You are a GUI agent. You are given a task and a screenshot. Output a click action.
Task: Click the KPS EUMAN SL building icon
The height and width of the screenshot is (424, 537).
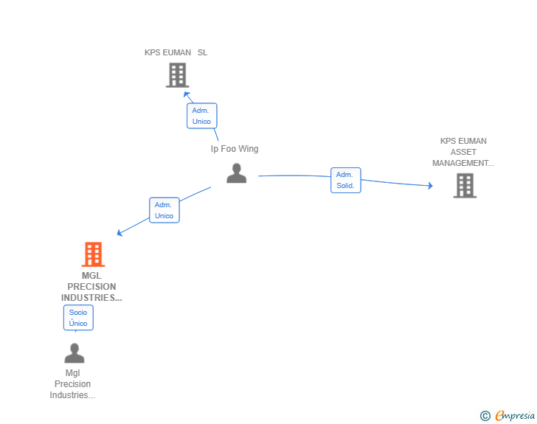click(177, 75)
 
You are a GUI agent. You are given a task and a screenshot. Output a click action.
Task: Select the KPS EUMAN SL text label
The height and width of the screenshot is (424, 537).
click(176, 52)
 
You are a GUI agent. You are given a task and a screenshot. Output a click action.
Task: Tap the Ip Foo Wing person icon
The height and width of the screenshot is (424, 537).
click(236, 173)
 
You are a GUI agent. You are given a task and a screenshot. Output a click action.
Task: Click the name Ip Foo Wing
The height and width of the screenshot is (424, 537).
click(235, 149)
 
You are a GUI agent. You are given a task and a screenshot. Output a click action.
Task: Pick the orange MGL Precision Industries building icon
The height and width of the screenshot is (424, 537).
click(93, 254)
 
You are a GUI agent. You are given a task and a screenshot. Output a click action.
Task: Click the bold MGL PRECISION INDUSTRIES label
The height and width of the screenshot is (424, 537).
click(91, 287)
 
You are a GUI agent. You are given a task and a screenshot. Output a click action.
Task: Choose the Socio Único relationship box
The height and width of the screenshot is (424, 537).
click(78, 318)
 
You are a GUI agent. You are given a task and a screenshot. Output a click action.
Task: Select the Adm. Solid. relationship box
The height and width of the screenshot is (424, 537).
click(345, 180)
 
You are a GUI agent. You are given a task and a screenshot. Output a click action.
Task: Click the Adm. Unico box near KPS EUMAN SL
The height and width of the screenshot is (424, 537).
click(201, 116)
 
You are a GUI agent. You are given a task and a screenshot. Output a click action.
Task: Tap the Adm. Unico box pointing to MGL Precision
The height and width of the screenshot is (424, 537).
click(164, 210)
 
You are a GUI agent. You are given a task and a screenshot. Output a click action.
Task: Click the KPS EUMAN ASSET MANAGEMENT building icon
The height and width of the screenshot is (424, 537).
click(465, 186)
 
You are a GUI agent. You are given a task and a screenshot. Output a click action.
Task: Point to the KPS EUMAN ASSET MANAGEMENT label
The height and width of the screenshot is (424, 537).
click(463, 152)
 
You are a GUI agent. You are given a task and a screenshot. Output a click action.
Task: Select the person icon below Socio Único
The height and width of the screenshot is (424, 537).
click(75, 352)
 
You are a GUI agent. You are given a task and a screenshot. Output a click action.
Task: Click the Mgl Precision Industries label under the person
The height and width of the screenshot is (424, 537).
click(72, 384)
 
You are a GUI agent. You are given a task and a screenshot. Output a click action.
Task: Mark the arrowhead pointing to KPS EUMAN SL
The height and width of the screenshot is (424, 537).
click(187, 94)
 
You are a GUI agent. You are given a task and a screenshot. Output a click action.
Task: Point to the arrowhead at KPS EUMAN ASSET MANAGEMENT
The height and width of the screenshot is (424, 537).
click(431, 186)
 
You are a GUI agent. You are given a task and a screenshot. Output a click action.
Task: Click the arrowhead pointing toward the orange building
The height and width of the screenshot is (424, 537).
click(119, 233)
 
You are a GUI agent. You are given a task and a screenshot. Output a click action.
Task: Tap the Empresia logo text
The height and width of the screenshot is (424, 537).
click(515, 416)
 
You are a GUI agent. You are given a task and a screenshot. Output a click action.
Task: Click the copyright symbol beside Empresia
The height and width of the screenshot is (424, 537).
click(485, 416)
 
